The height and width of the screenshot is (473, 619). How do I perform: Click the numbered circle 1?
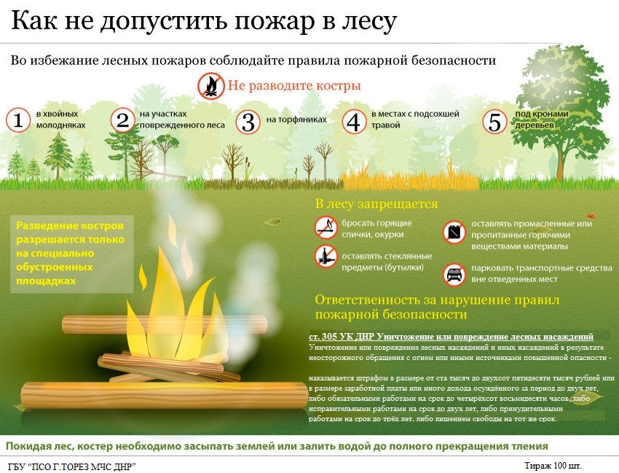[17, 120]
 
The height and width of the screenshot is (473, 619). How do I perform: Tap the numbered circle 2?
[122, 120]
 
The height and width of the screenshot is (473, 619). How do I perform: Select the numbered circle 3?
[248, 122]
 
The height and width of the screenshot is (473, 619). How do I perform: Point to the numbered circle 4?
[354, 122]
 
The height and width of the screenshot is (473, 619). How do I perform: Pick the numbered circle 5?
[495, 122]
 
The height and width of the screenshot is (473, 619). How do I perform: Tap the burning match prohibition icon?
[326, 227]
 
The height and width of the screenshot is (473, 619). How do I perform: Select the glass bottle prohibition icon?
[326, 257]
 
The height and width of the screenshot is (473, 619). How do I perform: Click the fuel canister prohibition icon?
[454, 232]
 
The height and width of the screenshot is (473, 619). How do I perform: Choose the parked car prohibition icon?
[454, 274]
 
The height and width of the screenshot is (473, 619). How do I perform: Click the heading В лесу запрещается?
[376, 204]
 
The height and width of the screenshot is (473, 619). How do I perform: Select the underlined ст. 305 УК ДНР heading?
[451, 336]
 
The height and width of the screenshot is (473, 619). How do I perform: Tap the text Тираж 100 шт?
[553, 465]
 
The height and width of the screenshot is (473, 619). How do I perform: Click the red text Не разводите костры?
[294, 86]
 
